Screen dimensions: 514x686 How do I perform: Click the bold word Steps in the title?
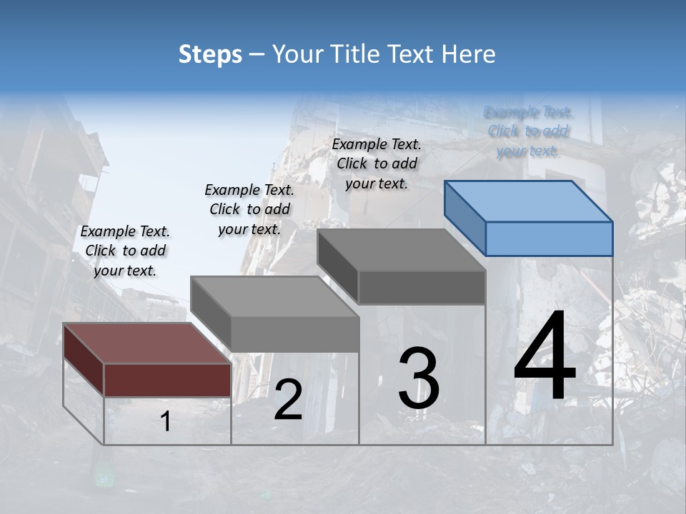coord(210,54)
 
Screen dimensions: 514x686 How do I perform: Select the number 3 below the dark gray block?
coord(419,378)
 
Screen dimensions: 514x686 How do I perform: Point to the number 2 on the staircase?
coord(288,400)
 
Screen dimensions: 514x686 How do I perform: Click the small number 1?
coord(165,422)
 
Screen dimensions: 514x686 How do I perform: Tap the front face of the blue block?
coord(549,238)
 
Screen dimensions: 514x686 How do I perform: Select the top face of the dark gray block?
coord(401,250)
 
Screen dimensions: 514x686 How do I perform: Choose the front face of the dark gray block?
coord(422,287)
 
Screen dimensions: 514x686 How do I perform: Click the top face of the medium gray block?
coord(274,296)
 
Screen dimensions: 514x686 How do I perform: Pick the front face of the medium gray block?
coord(295,334)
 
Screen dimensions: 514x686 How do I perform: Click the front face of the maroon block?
coord(167,380)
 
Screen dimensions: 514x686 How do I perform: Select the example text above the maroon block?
coord(125,251)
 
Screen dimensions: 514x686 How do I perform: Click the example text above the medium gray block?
coord(249,209)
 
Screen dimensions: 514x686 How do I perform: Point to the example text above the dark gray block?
coord(377,163)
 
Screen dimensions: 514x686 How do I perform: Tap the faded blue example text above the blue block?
coord(528,131)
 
